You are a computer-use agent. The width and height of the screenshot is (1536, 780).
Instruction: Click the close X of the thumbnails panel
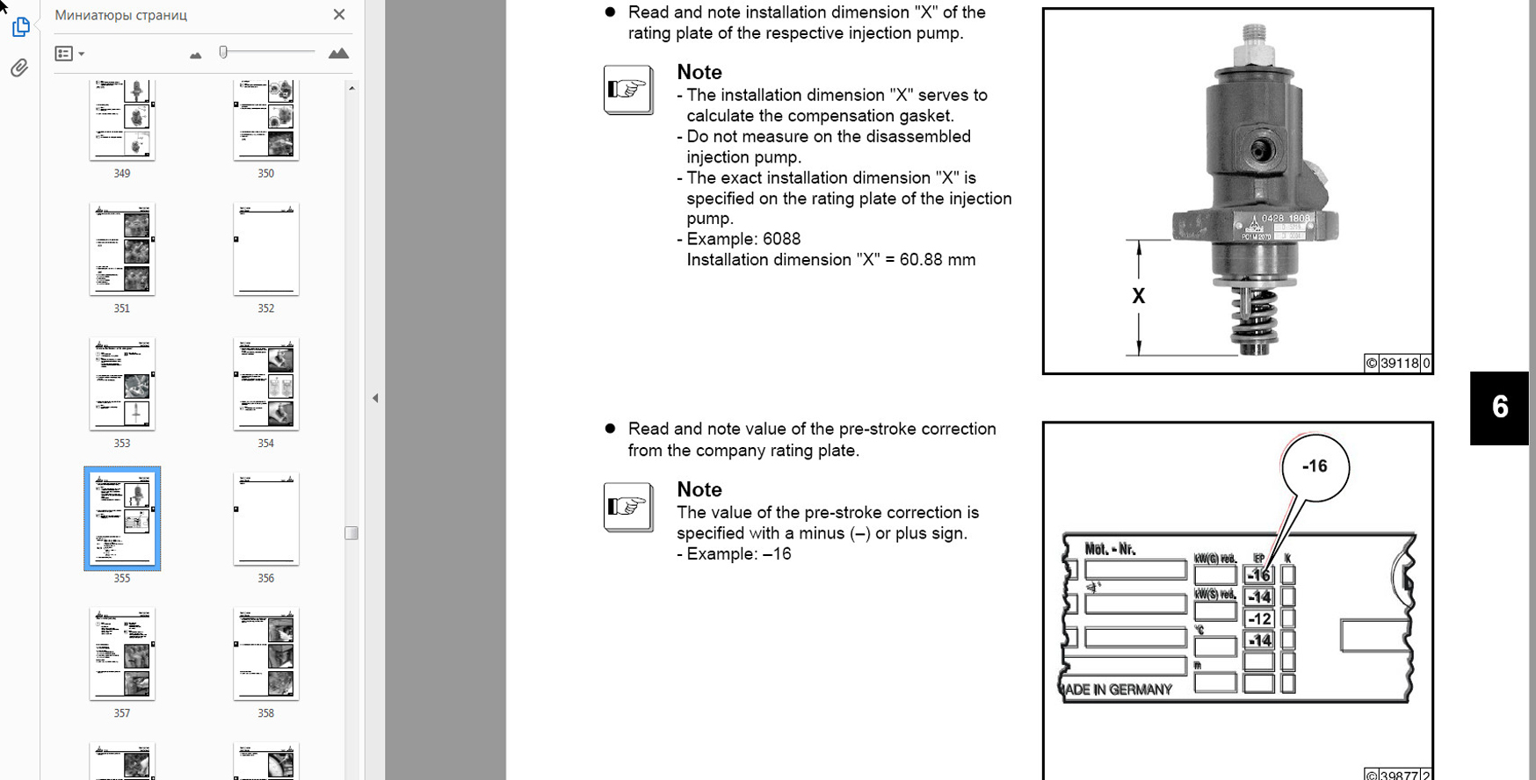339,15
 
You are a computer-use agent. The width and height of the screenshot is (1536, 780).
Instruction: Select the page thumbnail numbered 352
266,249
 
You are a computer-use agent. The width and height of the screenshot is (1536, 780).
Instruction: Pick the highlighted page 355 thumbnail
122,518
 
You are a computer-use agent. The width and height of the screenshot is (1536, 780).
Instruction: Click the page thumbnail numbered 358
266,654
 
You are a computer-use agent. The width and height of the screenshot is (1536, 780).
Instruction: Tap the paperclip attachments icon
19,69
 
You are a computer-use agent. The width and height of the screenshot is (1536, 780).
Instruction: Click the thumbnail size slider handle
223,53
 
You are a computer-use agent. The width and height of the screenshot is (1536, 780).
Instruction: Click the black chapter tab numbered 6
1499,407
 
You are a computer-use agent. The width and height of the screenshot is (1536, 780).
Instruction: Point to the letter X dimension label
1139,297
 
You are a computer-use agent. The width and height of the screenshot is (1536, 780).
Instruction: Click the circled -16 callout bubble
1315,466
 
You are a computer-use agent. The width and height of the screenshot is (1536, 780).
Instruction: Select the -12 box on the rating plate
1259,618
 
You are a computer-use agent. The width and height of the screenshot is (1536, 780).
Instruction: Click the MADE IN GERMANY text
1119,690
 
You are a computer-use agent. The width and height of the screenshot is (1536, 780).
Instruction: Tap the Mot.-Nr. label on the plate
1110,549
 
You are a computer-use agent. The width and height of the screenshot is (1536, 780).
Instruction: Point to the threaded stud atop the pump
1255,40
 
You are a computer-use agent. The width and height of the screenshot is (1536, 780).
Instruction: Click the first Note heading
699,72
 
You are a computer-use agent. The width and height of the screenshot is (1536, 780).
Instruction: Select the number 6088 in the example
781,239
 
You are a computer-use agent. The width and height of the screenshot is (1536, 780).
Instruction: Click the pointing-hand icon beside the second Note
627,507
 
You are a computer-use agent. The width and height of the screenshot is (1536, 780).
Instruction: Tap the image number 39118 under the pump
1400,363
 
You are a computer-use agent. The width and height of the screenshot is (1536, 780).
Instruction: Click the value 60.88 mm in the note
937,260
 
